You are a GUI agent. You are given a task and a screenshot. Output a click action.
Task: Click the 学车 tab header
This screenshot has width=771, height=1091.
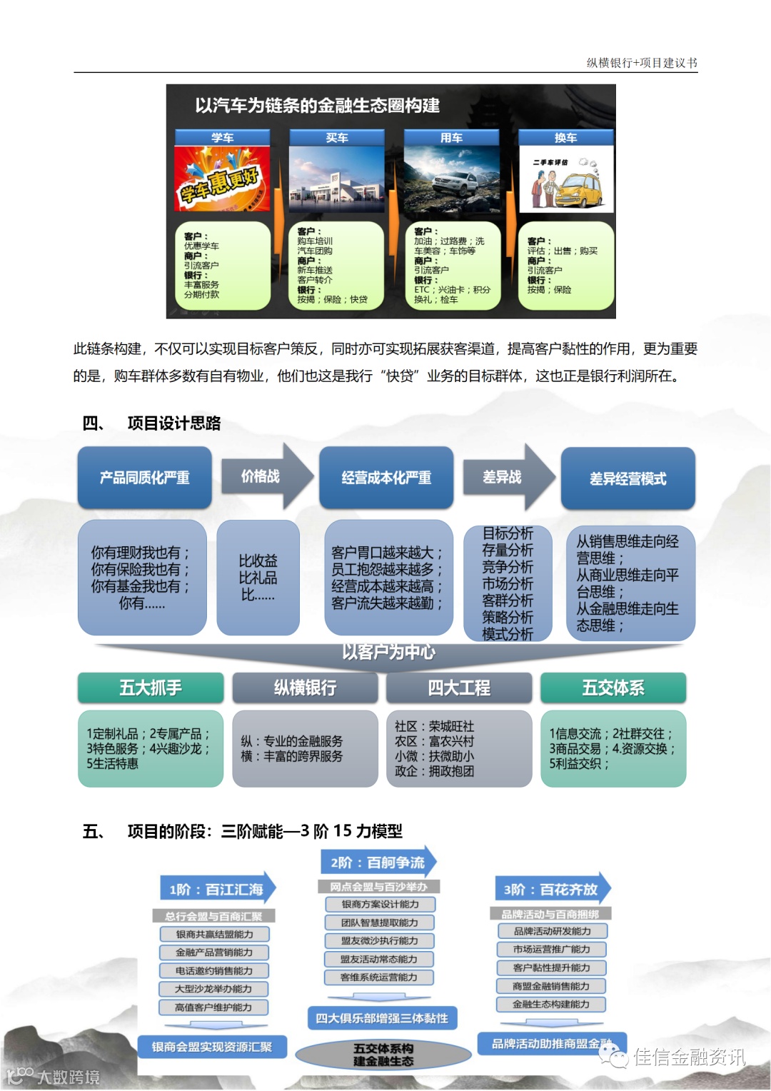coord(222,138)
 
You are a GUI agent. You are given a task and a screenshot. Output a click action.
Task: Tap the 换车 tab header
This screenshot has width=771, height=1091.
coord(565,138)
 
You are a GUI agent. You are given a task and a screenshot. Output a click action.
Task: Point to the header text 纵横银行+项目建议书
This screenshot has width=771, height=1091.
coord(641,63)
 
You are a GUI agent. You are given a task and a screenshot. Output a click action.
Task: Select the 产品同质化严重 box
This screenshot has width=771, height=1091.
coord(145,478)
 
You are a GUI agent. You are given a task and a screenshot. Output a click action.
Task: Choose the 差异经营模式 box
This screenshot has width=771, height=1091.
coord(628,478)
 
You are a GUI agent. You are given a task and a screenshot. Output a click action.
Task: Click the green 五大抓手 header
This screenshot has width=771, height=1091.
coord(151,688)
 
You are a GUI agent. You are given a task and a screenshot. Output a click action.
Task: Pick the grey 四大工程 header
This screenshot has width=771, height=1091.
coord(459,688)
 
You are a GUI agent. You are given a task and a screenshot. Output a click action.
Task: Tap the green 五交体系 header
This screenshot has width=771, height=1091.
coord(613,688)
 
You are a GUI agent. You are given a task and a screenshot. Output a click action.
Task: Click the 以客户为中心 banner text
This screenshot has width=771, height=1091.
coord(388,652)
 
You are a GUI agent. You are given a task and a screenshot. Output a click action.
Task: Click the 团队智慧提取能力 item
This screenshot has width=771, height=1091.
coord(379,922)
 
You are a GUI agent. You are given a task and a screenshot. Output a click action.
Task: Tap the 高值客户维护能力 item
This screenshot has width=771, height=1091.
coord(213,1007)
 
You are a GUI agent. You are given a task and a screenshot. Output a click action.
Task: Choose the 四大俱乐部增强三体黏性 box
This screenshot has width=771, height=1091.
coord(382,1018)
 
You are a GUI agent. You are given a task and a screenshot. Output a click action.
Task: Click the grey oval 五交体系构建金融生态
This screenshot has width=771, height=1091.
coord(383,1055)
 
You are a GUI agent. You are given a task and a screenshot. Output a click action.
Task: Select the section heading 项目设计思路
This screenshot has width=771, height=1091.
coord(174,423)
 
